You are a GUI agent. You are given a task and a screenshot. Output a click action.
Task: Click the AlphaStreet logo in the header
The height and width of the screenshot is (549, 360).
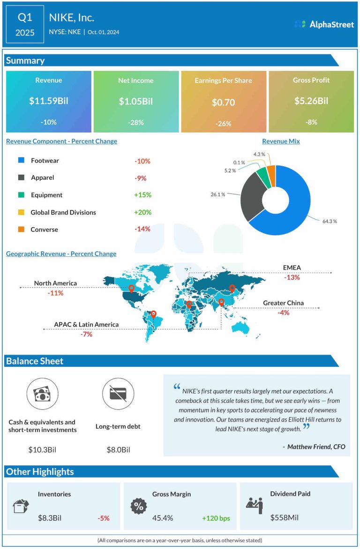[x=324, y=24]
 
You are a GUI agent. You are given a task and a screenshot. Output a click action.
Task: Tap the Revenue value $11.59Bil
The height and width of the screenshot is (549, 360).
[x=48, y=101]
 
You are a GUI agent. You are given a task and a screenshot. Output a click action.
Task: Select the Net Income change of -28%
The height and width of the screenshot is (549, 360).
[x=135, y=123]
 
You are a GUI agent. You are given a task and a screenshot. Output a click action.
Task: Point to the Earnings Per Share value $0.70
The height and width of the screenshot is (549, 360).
[x=223, y=102]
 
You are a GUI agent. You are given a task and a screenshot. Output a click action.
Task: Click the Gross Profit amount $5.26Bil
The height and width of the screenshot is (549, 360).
[x=311, y=101]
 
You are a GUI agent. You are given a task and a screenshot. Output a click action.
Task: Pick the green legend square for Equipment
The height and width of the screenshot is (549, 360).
[x=22, y=195]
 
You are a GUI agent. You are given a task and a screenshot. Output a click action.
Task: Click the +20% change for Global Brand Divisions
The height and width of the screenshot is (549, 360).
[x=142, y=212]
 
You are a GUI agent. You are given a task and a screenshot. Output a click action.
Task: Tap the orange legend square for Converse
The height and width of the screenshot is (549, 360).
[x=22, y=230]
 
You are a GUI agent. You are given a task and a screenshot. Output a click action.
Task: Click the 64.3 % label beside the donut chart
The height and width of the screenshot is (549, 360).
[x=330, y=221]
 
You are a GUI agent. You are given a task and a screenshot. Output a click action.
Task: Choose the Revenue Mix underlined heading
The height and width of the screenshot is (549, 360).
[x=281, y=141]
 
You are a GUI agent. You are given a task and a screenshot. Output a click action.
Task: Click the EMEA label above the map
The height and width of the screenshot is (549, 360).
[x=292, y=267]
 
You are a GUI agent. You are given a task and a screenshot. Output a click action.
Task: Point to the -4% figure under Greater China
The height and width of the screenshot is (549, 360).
[x=283, y=312]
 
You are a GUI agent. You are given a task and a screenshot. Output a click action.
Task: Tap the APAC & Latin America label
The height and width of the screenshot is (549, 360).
[x=86, y=325]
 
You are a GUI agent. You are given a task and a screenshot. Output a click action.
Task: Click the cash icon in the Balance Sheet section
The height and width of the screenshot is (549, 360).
[x=42, y=394]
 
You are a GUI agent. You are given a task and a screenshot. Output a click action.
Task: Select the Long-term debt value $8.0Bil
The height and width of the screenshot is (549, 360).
[x=119, y=450]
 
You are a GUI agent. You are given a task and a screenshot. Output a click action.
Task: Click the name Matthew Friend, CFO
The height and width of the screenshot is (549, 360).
[x=316, y=447]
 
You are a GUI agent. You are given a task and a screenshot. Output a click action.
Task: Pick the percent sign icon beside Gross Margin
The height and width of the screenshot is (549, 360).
[x=138, y=506]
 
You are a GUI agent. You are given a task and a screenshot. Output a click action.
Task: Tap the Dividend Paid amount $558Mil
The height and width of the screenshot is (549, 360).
[x=284, y=518]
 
